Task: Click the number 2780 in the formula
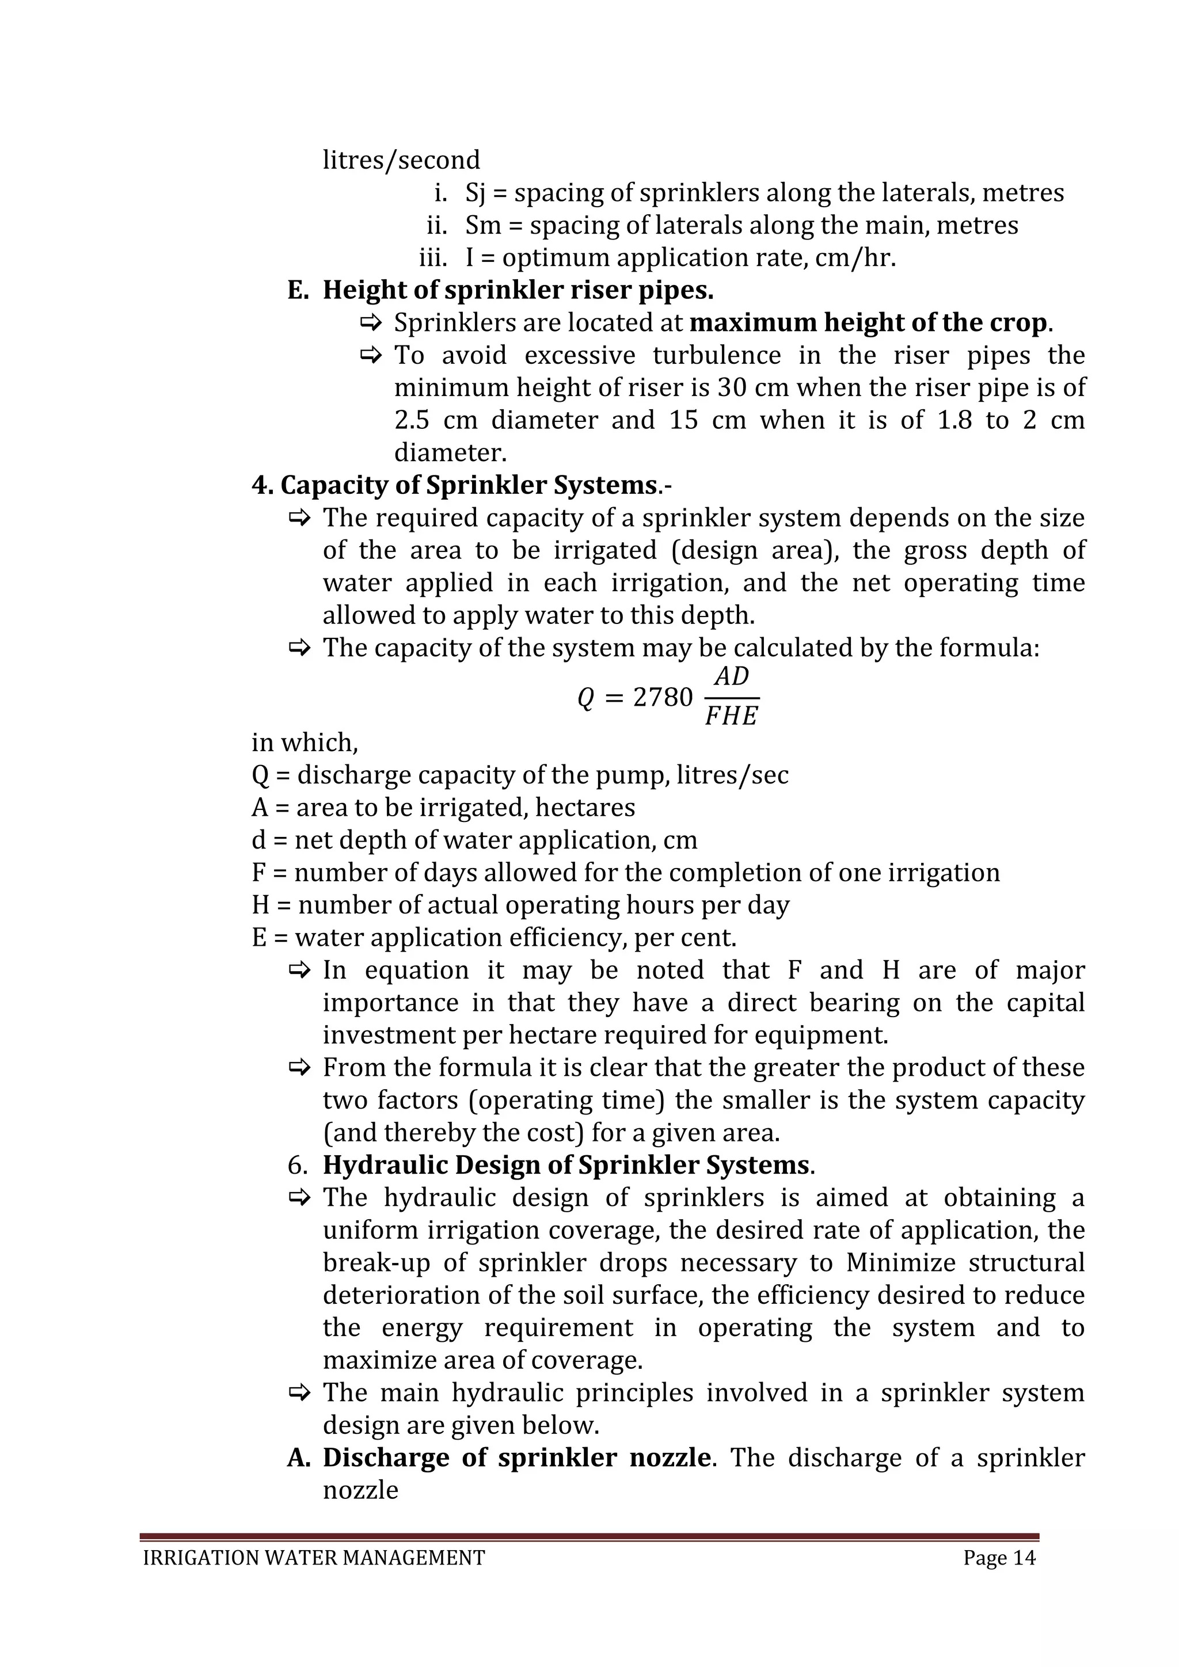[x=663, y=698]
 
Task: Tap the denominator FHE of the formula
[x=731, y=717]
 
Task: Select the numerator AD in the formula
[x=731, y=677]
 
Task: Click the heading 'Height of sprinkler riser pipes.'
[x=518, y=291]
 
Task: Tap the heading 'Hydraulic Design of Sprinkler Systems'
[x=565, y=1165]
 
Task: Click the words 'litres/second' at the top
[x=401, y=159]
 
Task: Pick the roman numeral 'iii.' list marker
[x=433, y=258]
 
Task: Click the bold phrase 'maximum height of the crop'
[x=868, y=322]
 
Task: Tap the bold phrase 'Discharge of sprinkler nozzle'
[x=517, y=1458]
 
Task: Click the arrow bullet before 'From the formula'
[x=299, y=1068]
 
